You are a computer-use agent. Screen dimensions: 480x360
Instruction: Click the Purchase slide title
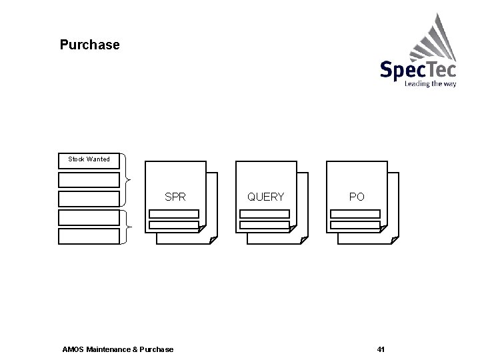tap(90, 45)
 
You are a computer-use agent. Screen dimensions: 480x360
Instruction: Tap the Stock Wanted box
tap(89, 159)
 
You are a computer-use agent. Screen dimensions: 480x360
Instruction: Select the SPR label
tap(175, 197)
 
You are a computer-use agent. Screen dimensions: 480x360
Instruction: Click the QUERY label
tap(265, 197)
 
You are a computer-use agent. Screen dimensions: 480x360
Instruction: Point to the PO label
tap(357, 197)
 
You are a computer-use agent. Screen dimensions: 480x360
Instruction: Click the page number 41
tap(381, 349)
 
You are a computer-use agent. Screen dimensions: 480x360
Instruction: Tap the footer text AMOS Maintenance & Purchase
tap(117, 349)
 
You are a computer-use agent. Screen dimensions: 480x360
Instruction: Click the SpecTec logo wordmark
tap(418, 69)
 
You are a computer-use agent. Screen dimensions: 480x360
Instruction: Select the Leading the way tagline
tap(430, 85)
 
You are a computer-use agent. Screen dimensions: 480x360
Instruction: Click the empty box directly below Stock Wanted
tap(89, 179)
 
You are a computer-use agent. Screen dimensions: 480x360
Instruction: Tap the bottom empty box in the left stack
tap(89, 236)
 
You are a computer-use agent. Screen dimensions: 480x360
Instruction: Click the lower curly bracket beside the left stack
tap(127, 227)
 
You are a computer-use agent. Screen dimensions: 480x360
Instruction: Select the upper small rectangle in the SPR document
tap(174, 214)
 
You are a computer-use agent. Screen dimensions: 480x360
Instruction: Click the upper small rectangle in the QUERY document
tap(265, 214)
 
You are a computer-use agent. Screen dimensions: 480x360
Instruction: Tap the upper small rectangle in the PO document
tap(355, 214)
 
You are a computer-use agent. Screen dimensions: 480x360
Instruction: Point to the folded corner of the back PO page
tap(395, 240)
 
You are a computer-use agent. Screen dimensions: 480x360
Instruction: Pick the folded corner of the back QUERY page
tap(304, 240)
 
